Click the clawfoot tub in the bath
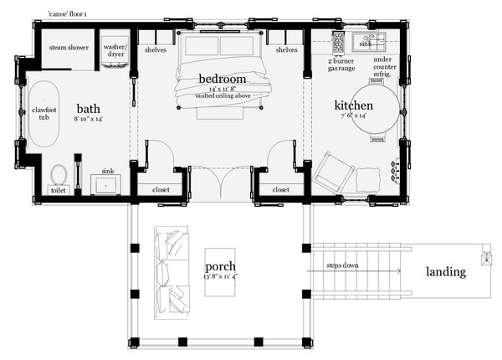44,114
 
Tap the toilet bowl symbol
59,175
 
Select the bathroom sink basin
106,184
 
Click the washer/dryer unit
115,52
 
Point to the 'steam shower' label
69,48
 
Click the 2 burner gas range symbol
338,42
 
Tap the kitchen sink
368,42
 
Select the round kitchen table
376,109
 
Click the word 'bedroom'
223,79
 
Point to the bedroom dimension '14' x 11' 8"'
223,89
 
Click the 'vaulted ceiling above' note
223,95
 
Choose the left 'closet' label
161,190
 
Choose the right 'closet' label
281,190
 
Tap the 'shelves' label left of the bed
156,50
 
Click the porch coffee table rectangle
220,272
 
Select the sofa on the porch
172,273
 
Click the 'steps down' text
342,265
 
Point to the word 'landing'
446,272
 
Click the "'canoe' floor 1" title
67,14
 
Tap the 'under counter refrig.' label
384,67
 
